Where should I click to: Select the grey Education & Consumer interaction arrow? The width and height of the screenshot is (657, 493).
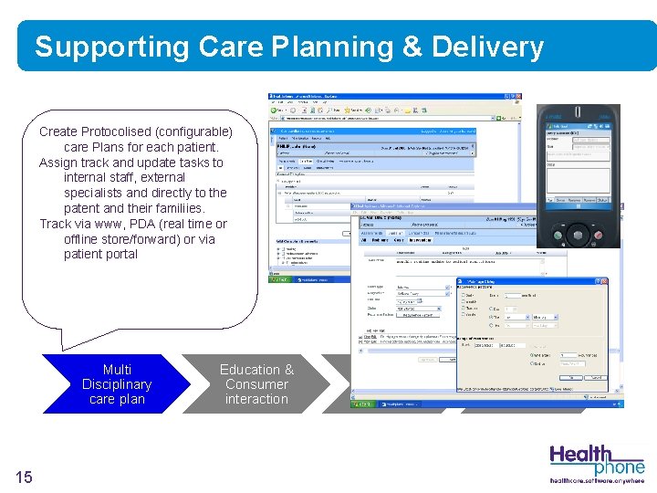click(x=256, y=384)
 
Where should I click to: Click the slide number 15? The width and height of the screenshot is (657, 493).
click(x=25, y=477)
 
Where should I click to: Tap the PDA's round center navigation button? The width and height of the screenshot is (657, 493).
click(x=579, y=234)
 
